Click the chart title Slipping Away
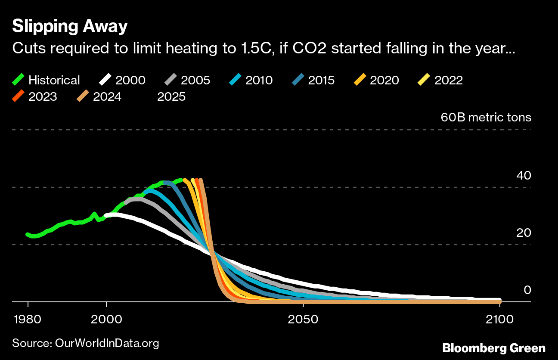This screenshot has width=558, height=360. [x=70, y=27]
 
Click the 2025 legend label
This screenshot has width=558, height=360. [x=171, y=96]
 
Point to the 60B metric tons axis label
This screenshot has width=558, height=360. [x=486, y=118]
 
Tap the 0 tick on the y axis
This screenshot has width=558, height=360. [x=527, y=290]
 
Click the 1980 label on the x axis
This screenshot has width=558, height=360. [x=28, y=320]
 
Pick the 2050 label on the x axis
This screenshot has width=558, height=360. [x=304, y=320]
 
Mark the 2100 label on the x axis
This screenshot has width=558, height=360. [x=499, y=320]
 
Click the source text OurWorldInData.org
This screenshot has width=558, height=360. [x=86, y=343]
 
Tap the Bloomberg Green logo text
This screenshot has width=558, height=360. [x=494, y=348]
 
